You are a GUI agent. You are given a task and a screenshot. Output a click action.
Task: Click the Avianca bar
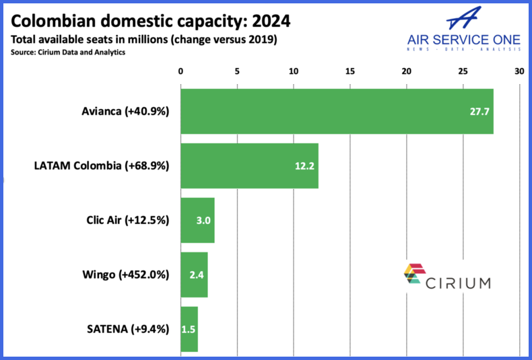(x=337, y=111)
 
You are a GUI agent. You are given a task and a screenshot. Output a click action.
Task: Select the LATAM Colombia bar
(x=249, y=166)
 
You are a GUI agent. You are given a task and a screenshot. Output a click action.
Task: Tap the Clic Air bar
(x=197, y=220)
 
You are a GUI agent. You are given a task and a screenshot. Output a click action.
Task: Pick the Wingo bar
(x=194, y=275)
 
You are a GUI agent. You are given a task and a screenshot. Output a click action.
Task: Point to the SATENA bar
(x=189, y=329)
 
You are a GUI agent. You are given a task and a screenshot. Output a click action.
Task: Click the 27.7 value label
(x=479, y=111)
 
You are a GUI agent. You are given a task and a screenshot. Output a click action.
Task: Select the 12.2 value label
(x=304, y=166)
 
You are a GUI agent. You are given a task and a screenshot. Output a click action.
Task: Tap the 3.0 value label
(x=201, y=220)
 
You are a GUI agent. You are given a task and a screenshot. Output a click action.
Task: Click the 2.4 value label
(x=195, y=275)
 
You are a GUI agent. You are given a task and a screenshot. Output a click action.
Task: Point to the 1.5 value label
(x=189, y=329)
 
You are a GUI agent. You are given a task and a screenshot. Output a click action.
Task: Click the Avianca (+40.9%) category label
(x=125, y=111)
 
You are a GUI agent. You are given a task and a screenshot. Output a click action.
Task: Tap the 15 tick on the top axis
(x=350, y=71)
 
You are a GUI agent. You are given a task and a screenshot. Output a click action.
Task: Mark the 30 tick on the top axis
(x=519, y=71)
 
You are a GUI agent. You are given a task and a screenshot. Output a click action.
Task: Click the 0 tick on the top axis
(x=180, y=71)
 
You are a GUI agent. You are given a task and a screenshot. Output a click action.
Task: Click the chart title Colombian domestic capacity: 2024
(x=151, y=22)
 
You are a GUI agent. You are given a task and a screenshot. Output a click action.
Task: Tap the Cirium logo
(x=447, y=277)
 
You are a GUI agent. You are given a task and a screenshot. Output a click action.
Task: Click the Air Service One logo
(x=463, y=30)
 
